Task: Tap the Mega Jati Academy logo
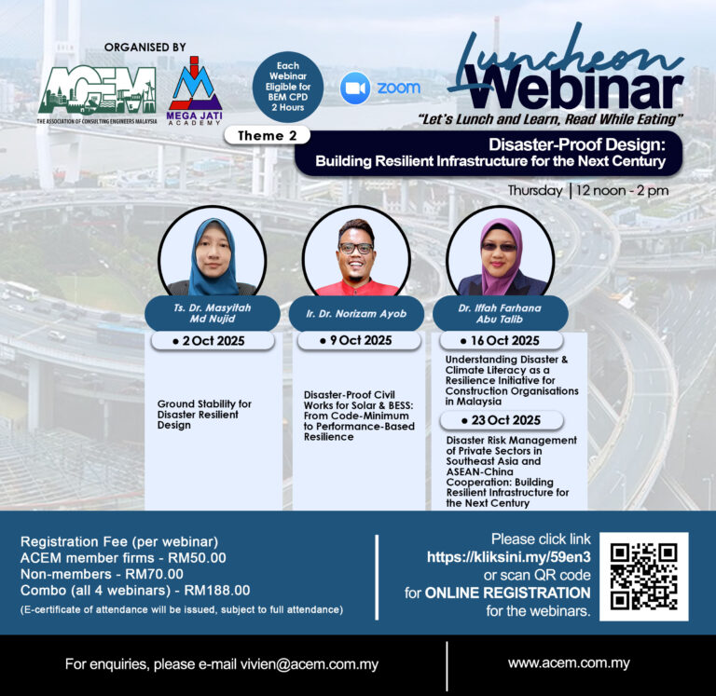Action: point(194,90)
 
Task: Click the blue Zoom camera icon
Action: point(355,88)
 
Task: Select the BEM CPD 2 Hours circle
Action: point(288,87)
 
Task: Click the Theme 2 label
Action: point(268,135)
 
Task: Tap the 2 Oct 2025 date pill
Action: point(213,341)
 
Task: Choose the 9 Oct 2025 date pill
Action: point(359,340)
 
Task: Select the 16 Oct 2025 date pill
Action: point(501,340)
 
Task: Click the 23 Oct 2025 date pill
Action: point(502,420)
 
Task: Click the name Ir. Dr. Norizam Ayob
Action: point(356,314)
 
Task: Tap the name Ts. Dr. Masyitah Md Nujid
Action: point(213,313)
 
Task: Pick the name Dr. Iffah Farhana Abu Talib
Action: point(500,314)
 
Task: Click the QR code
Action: point(644,577)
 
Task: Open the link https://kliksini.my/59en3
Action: point(509,557)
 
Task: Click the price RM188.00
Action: point(217,590)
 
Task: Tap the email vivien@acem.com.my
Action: point(310,664)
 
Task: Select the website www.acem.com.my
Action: point(569,662)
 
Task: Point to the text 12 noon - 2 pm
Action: point(623,190)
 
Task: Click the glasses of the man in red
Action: point(356,249)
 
